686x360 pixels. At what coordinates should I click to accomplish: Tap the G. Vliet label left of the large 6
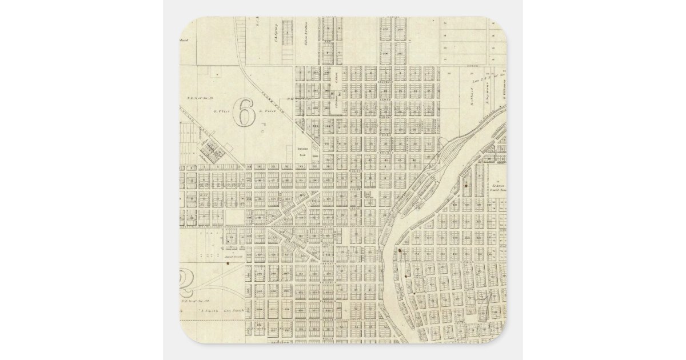point(221,111)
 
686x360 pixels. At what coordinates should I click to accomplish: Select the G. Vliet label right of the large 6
point(268,111)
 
